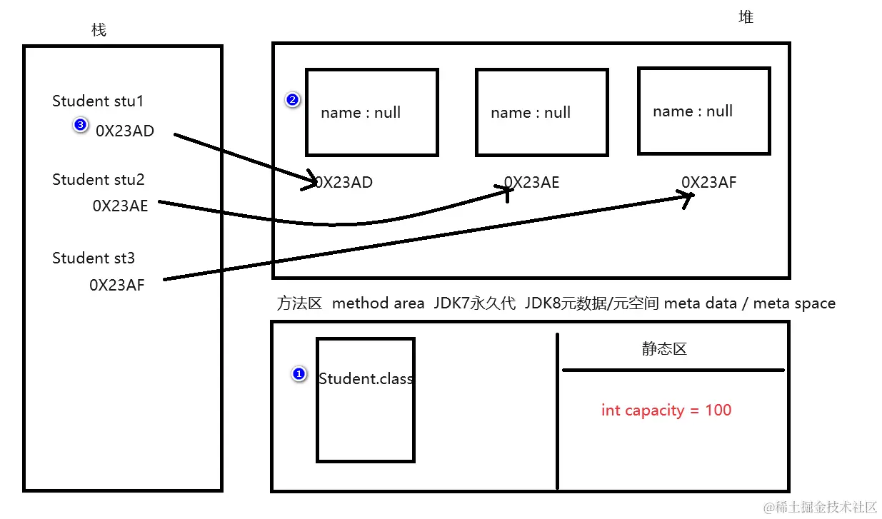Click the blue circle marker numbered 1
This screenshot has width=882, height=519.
(x=299, y=373)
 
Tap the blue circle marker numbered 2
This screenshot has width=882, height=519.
(x=291, y=100)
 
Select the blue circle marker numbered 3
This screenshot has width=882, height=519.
(x=80, y=126)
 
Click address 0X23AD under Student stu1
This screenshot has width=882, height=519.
(x=125, y=131)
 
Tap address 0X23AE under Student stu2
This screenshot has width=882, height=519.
(x=120, y=206)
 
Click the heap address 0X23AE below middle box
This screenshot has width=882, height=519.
(x=532, y=183)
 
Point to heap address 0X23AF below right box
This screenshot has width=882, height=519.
(x=708, y=182)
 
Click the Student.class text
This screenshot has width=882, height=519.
(x=366, y=379)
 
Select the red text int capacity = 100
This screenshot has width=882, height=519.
(x=666, y=410)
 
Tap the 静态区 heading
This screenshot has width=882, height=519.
(x=663, y=349)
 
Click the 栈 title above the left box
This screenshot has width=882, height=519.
(x=99, y=30)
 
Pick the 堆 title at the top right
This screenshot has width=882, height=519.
(x=746, y=17)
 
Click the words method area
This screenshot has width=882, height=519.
(x=379, y=303)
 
